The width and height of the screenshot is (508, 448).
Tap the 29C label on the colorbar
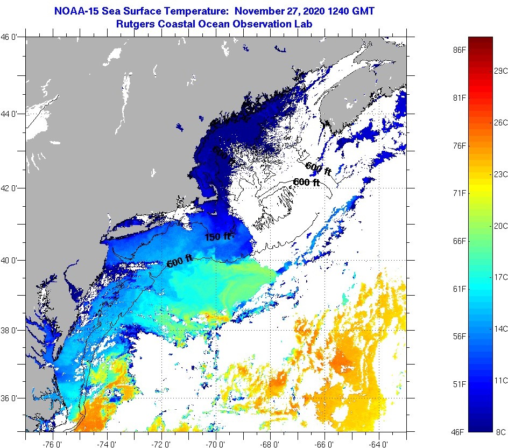[x=501, y=71]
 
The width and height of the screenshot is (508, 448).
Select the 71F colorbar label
[x=459, y=193]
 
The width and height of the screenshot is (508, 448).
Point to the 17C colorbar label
[x=501, y=277]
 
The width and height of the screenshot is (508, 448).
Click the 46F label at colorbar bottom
[x=459, y=432]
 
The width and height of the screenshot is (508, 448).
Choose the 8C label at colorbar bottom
[x=501, y=432]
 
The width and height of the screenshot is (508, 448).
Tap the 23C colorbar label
[x=501, y=174]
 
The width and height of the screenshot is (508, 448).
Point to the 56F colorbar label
[x=459, y=337]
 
